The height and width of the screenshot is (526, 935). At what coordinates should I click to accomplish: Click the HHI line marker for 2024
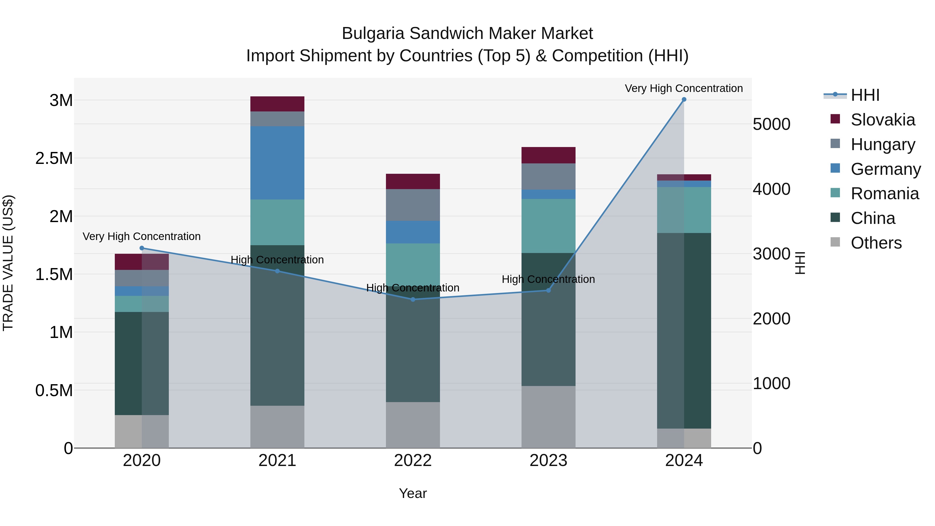point(684,99)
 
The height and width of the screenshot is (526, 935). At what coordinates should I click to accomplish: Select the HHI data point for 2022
point(413,299)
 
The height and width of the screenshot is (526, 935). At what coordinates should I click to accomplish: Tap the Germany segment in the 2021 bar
point(277,163)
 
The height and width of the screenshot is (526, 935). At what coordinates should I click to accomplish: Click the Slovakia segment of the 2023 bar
point(549,155)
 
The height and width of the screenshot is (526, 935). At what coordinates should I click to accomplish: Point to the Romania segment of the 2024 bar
point(684,210)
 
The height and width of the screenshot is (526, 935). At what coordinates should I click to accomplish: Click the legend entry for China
point(873,218)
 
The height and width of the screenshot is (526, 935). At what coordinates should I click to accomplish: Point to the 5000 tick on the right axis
point(772,124)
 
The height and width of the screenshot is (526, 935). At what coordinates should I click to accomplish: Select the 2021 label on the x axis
point(277,461)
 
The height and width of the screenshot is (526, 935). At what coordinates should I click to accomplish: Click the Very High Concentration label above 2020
point(142,236)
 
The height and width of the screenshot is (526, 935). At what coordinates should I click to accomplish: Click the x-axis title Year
point(413,493)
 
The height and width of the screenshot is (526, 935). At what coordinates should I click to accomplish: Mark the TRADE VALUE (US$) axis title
point(8,263)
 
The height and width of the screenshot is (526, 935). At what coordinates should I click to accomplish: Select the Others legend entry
point(876,243)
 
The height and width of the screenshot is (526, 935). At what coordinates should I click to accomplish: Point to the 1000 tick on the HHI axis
point(772,383)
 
